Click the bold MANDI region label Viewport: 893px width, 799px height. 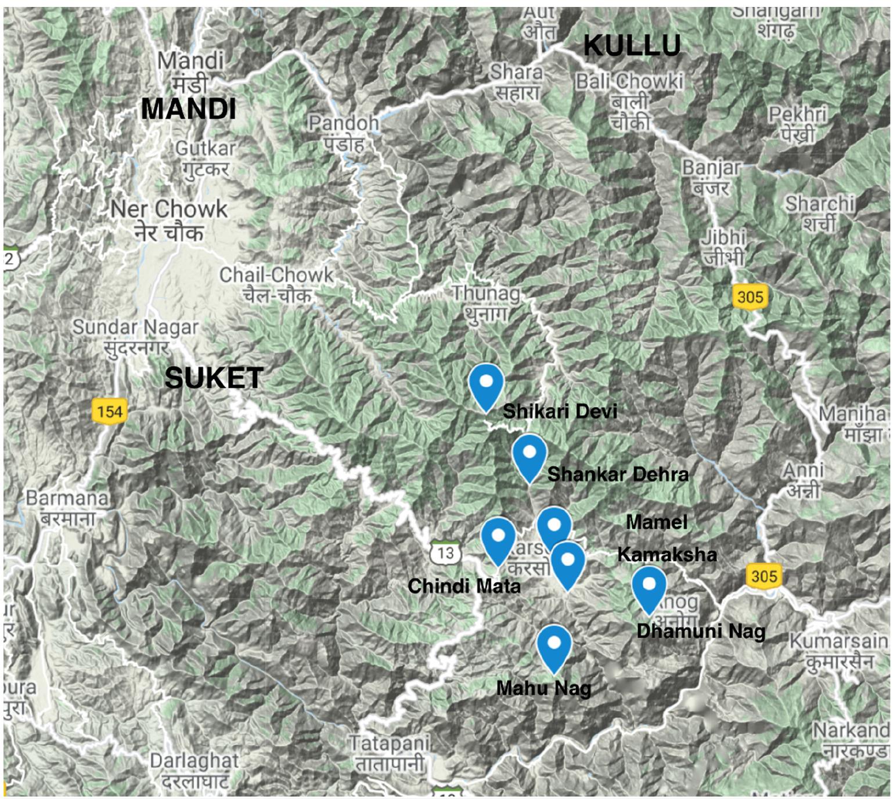[x=189, y=109]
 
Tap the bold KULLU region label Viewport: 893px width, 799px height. [x=632, y=46]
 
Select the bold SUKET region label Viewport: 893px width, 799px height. [x=214, y=378]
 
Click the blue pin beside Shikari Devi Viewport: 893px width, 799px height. [x=486, y=386]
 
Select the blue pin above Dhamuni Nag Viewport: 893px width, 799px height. [x=649, y=588]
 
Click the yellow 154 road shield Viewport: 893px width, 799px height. [x=109, y=412]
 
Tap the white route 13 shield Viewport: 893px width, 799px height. [x=445, y=553]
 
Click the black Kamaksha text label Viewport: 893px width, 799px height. [x=667, y=554]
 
